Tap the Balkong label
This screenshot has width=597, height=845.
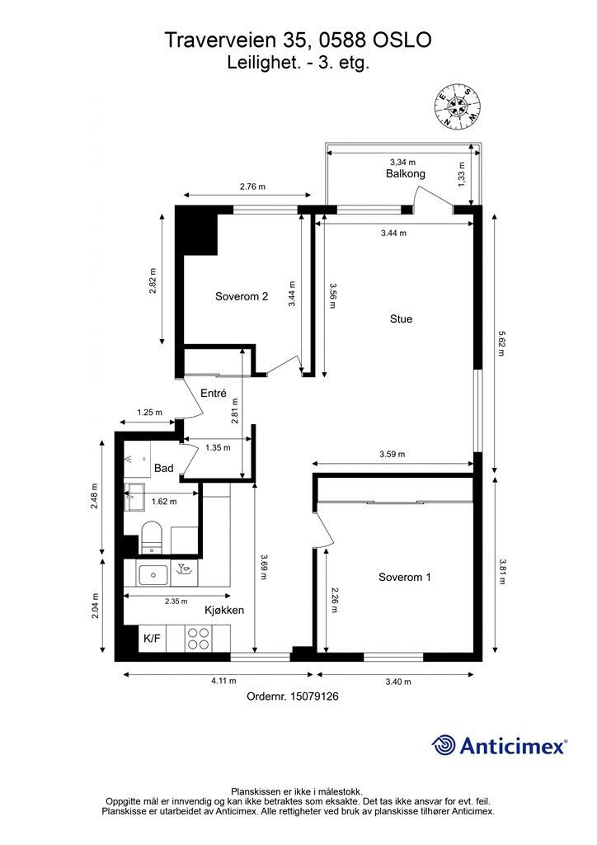tap(406, 173)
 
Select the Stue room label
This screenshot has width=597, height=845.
tap(401, 319)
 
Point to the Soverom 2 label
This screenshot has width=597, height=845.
tap(242, 296)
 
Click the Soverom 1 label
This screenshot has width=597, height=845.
tap(405, 577)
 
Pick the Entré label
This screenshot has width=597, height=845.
tap(214, 394)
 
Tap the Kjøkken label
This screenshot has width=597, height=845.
tap(224, 610)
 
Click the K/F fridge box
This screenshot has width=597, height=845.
tap(153, 639)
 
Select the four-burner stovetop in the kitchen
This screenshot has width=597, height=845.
tap(198, 639)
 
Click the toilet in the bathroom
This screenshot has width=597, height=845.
tap(151, 536)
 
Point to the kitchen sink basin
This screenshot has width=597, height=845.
tap(154, 575)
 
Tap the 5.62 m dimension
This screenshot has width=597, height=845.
tap(501, 343)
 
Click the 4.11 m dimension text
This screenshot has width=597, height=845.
tap(223, 681)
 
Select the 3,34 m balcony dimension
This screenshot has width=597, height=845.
tap(402, 163)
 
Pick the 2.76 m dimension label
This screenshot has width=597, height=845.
tap(252, 187)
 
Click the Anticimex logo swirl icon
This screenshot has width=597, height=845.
tap(444, 745)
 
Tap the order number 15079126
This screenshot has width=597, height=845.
tap(314, 696)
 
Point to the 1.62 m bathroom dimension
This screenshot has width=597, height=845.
tap(164, 502)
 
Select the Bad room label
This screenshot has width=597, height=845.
tap(163, 468)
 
